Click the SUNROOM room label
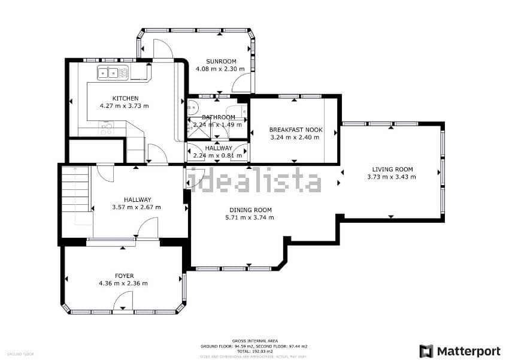(x=220, y=61)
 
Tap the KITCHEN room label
(x=125, y=98)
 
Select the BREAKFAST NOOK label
(x=295, y=129)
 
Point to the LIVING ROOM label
(x=392, y=169)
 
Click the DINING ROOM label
(x=250, y=210)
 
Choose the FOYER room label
(x=124, y=276)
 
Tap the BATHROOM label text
(x=219, y=117)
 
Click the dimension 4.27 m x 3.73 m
(x=125, y=106)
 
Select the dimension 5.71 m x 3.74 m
(x=250, y=217)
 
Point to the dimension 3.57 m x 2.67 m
(x=137, y=207)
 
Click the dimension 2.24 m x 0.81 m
(x=218, y=156)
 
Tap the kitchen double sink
(x=113, y=73)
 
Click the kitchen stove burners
(x=107, y=128)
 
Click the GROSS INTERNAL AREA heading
(x=254, y=341)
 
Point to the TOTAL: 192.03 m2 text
(x=254, y=350)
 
